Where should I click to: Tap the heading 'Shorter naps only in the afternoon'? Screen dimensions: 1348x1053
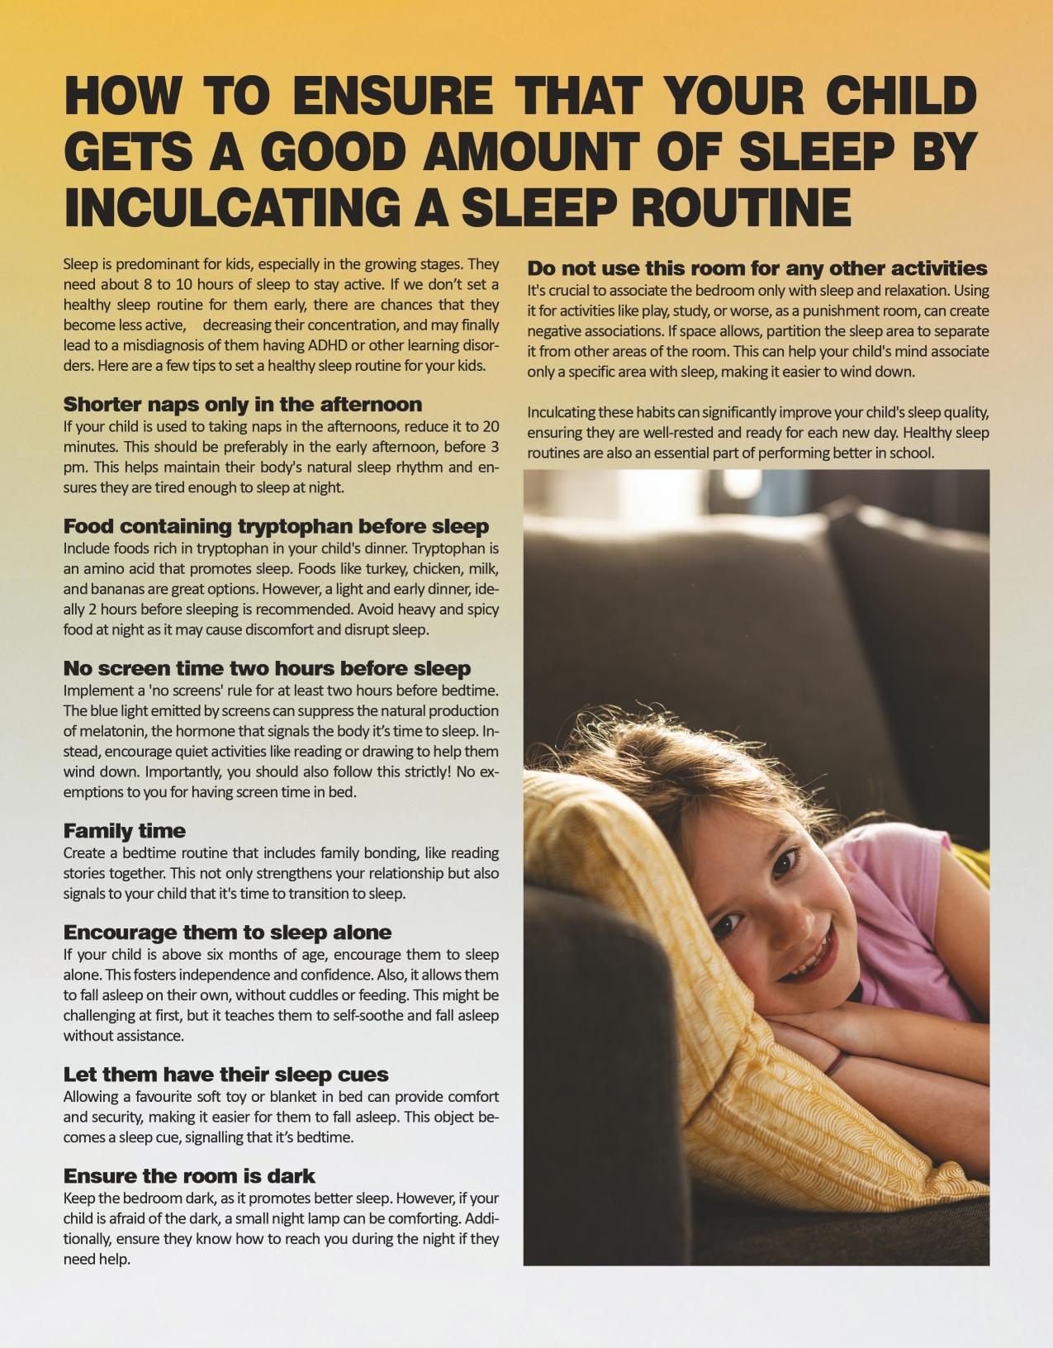[242, 405]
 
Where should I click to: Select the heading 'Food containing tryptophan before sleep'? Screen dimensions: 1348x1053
[276, 526]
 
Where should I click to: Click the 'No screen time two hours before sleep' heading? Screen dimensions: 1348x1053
[267, 668]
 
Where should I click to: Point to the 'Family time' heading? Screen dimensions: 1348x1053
[125, 831]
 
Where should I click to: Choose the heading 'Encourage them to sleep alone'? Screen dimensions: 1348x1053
[227, 933]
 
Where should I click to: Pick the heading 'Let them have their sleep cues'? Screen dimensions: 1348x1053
[225, 1075]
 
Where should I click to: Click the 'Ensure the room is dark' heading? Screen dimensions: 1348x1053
[189, 1176]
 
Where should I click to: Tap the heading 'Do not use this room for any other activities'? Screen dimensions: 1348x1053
[757, 268]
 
